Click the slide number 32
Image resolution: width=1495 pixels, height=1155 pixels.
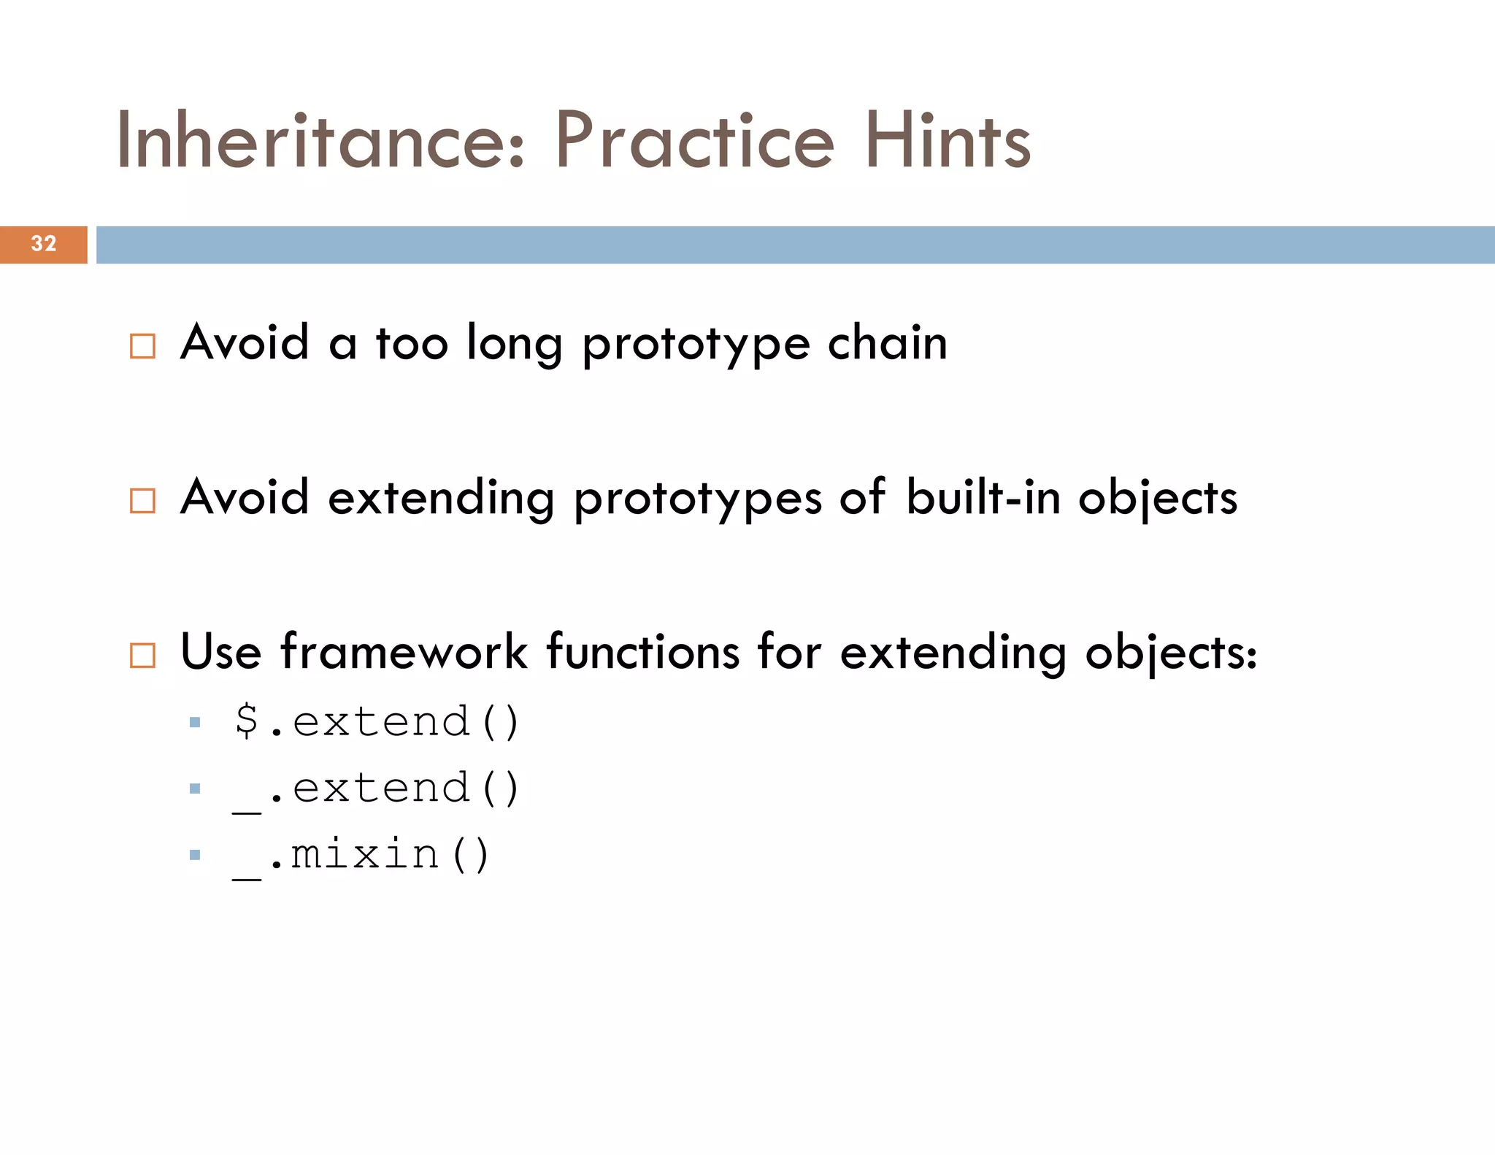pyautogui.click(x=44, y=243)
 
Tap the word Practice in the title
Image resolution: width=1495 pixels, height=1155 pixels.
pyautogui.click(x=694, y=140)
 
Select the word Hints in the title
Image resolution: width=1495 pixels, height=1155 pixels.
pyautogui.click(x=948, y=140)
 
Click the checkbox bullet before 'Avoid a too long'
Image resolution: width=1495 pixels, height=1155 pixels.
pyautogui.click(x=142, y=346)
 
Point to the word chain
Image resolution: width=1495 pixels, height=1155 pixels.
pyautogui.click(x=887, y=342)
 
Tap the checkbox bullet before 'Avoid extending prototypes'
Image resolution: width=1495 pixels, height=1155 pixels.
pyautogui.click(x=142, y=501)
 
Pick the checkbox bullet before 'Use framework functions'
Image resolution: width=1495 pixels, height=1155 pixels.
pyautogui.click(x=142, y=655)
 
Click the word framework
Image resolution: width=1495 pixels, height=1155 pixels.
pyautogui.click(x=404, y=651)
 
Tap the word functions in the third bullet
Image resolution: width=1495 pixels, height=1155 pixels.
pyautogui.click(x=643, y=651)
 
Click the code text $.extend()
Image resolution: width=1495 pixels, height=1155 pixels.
pyautogui.click(x=377, y=721)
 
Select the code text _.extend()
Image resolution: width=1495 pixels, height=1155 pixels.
pyautogui.click(x=377, y=788)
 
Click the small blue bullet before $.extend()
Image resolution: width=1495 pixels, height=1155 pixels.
pyautogui.click(x=195, y=723)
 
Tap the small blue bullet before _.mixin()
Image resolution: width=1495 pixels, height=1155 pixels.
pyautogui.click(x=195, y=855)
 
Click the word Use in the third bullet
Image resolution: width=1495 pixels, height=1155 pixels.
pyautogui.click(x=220, y=651)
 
